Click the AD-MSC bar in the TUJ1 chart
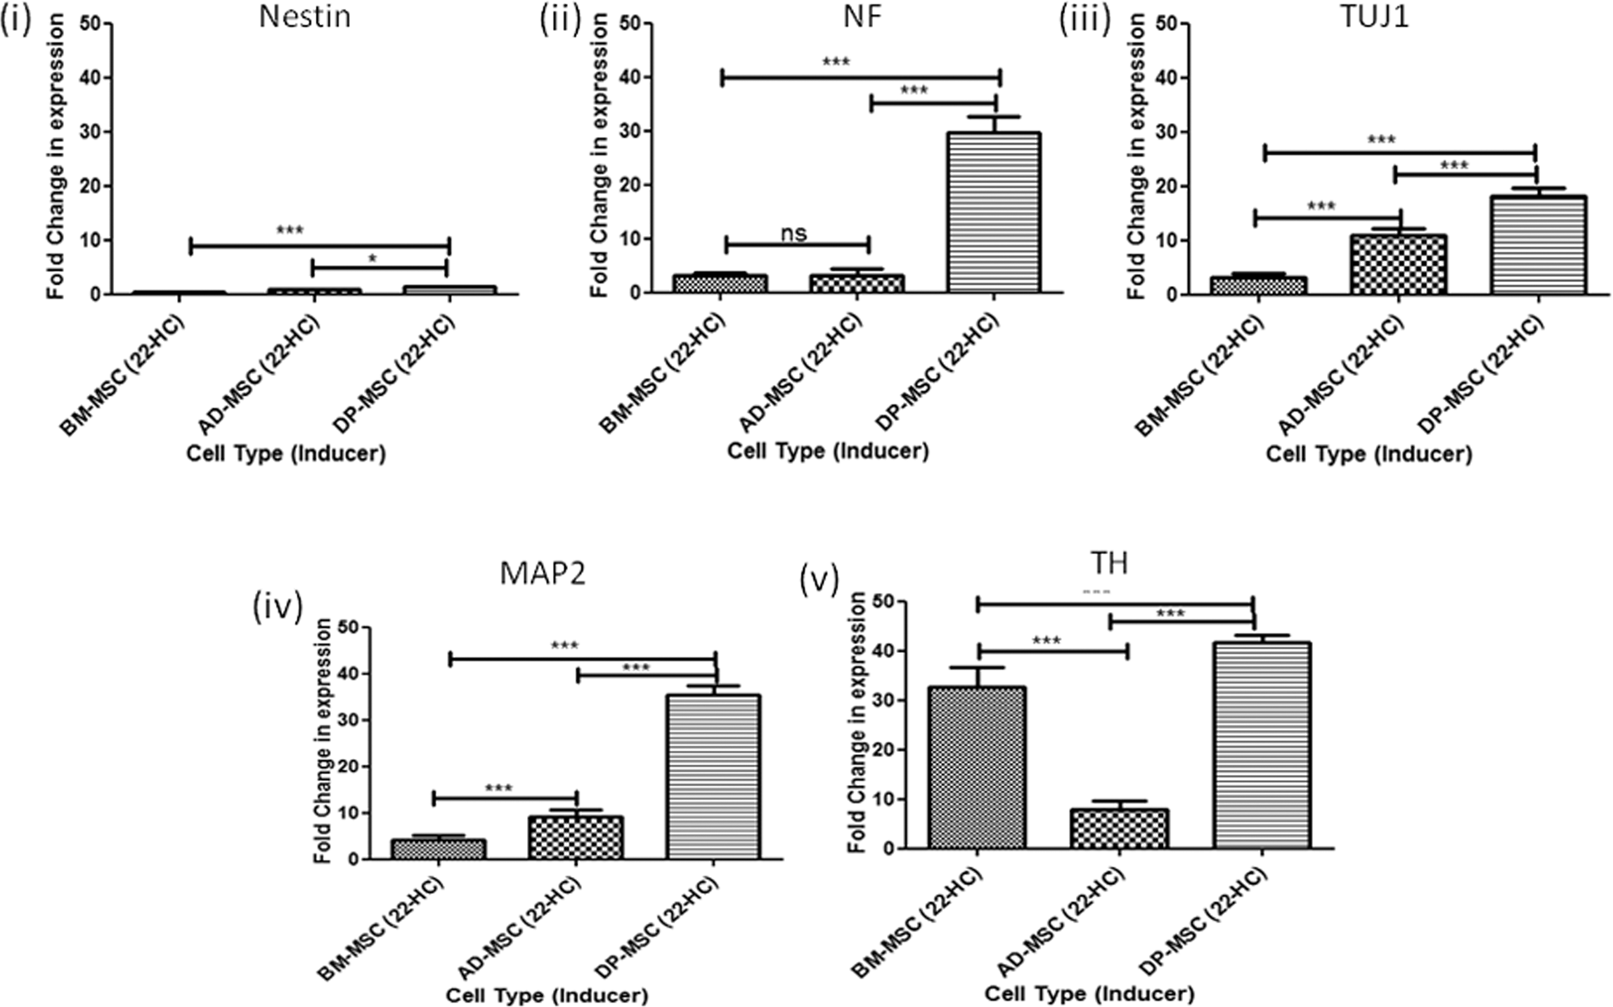tap(1398, 264)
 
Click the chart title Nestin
tap(304, 17)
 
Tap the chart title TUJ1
tap(1374, 17)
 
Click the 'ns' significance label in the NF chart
tap(794, 233)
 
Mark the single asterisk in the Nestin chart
tap(372, 259)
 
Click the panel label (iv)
tap(277, 608)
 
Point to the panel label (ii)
tap(560, 20)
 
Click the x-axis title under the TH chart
tap(1089, 994)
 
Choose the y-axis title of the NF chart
tap(599, 155)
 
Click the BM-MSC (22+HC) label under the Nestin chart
tap(123, 376)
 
